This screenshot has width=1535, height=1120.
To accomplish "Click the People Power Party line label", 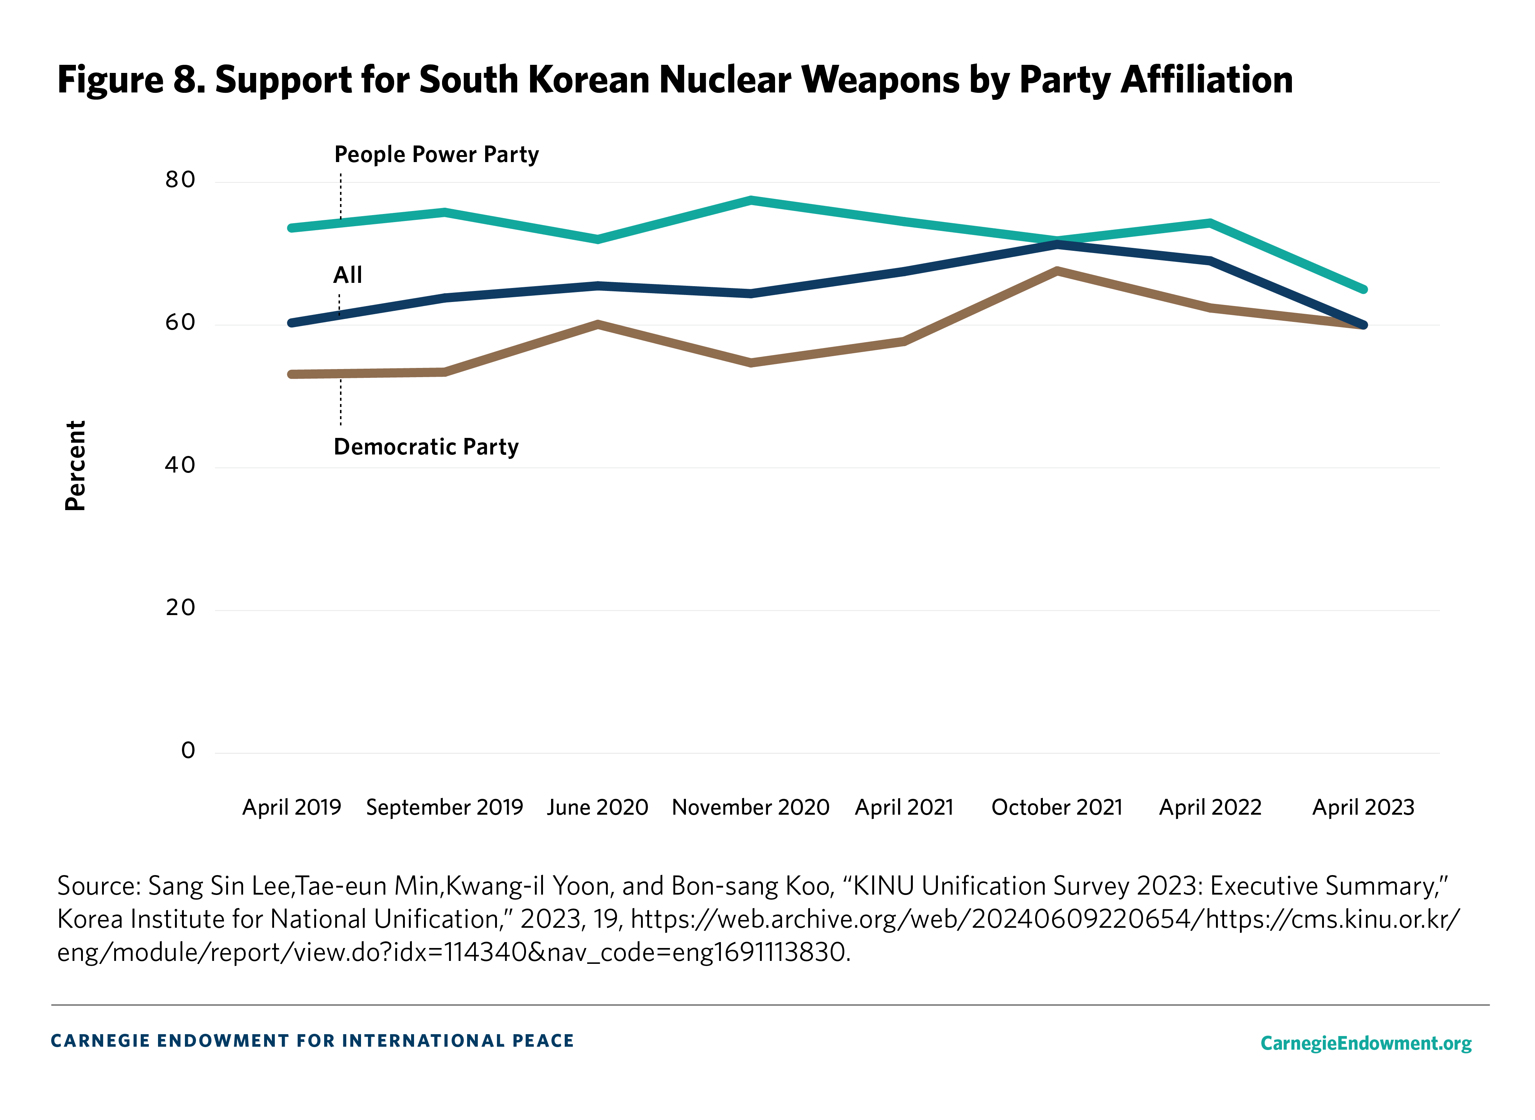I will (x=436, y=155).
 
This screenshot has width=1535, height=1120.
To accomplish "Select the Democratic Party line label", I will (x=426, y=447).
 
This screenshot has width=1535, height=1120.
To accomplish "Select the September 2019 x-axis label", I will (x=444, y=807).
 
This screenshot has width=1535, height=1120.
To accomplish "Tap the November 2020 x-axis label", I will (x=750, y=807).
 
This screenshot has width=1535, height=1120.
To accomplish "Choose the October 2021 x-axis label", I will (x=1057, y=807).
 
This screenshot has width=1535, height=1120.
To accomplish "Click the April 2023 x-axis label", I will (x=1363, y=807).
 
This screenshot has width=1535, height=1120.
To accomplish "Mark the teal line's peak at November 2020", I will (x=751, y=200).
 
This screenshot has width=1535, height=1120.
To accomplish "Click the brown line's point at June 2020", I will (x=598, y=323).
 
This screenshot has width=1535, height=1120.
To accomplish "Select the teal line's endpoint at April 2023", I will (x=1363, y=289).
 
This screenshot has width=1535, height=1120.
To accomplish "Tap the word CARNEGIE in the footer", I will (x=100, y=1041).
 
